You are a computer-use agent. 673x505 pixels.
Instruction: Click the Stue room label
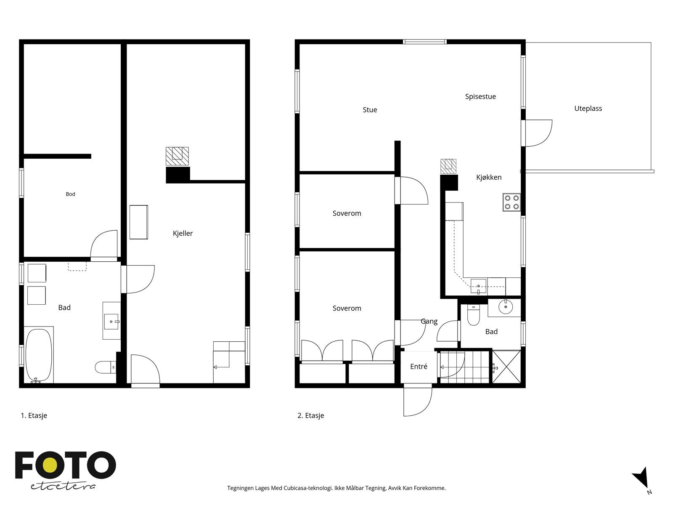point(369,110)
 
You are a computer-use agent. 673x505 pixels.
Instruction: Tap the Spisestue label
point(480,97)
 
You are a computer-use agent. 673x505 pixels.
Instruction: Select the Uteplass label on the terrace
point(588,109)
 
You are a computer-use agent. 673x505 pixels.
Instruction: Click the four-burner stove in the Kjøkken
point(511,202)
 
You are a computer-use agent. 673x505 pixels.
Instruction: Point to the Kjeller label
point(183,233)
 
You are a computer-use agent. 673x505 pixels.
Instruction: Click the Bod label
point(70,194)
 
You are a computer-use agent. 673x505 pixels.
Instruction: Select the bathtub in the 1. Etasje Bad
point(39,355)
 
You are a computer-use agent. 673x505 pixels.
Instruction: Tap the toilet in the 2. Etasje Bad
point(473,315)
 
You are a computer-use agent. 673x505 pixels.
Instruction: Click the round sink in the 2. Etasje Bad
point(505,307)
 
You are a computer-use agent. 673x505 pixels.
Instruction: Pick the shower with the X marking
point(506,367)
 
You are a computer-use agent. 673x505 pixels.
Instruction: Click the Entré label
point(419,367)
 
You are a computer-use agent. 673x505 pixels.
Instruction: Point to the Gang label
point(429,322)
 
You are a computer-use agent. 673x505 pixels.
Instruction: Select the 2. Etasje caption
point(310,415)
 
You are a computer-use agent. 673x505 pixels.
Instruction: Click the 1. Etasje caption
point(34,415)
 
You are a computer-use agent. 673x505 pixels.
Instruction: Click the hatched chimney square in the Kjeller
point(177,157)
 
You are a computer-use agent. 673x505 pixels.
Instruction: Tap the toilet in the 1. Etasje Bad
point(105,367)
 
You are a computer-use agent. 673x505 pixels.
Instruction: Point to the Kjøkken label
point(489,177)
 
